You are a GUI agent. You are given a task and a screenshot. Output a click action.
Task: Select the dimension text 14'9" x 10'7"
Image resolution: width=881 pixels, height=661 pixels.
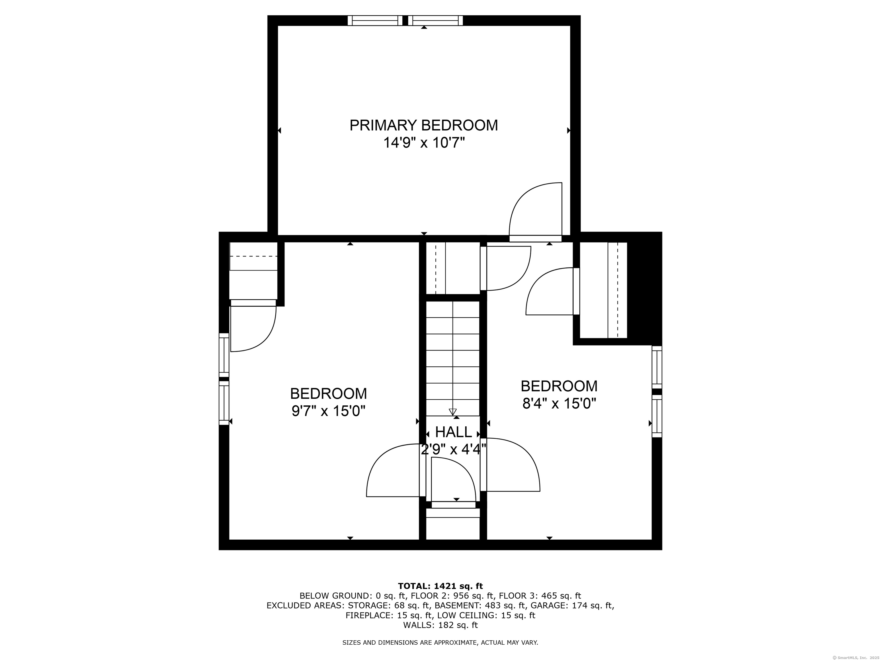coord(424,143)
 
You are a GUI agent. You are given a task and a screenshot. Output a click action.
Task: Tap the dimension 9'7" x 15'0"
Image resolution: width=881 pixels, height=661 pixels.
coord(329,411)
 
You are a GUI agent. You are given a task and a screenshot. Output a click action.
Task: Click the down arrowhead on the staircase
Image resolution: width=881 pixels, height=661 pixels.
coord(453,412)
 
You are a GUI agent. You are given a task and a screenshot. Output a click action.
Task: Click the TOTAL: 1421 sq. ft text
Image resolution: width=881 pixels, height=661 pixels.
coord(440,586)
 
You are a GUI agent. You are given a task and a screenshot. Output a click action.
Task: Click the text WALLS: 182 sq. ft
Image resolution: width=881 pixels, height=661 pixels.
coord(440,625)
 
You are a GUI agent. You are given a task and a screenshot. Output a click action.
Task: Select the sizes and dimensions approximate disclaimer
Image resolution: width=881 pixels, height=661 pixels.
coord(440,643)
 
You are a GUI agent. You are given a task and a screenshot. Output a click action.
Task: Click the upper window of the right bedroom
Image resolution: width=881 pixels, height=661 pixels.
coord(657,367)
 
